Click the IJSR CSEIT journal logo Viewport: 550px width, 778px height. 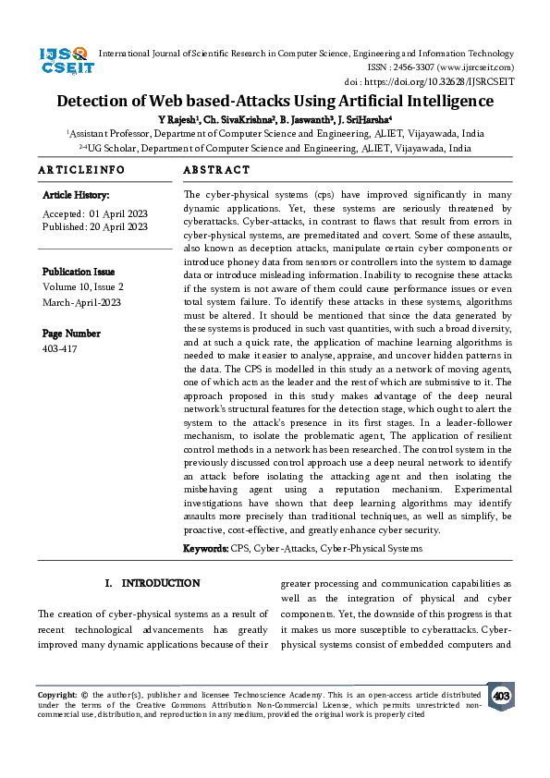click(64, 61)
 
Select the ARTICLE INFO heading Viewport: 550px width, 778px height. click(81, 170)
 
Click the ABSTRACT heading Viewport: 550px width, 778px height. click(217, 170)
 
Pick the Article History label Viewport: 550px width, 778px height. click(76, 196)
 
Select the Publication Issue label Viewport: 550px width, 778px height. click(79, 272)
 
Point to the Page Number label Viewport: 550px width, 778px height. click(71, 333)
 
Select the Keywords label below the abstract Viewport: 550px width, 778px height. click(205, 549)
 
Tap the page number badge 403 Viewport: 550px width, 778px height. click(501, 696)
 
